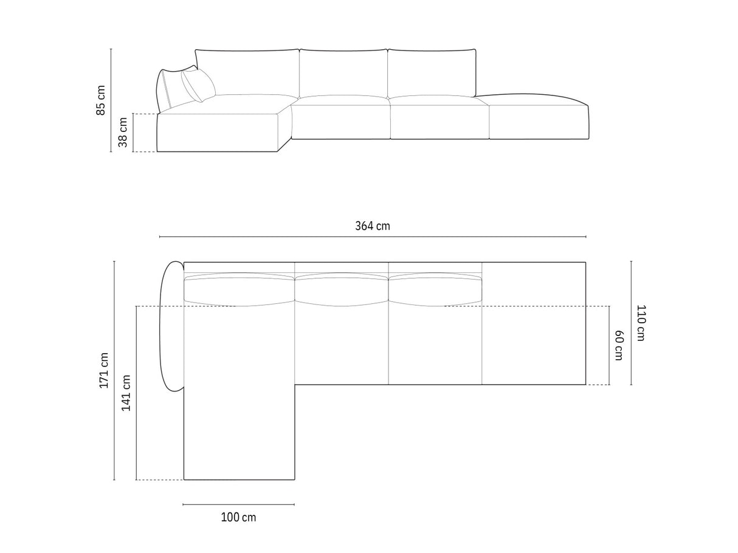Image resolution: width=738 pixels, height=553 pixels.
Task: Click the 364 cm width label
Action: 373,226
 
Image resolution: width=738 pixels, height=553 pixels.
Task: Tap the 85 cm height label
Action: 100,100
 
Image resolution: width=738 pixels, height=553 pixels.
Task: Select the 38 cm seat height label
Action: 123,132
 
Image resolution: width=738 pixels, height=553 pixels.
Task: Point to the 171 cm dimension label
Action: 103,371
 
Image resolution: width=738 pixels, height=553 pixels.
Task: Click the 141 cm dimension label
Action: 126,393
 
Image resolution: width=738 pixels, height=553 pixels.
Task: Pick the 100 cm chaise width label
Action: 238,517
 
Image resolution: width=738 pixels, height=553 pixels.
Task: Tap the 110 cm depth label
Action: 641,323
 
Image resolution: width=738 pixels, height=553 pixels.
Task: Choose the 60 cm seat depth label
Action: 619,345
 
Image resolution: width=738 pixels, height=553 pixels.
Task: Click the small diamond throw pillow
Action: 198,85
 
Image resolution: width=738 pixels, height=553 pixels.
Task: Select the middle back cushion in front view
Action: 343,74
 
